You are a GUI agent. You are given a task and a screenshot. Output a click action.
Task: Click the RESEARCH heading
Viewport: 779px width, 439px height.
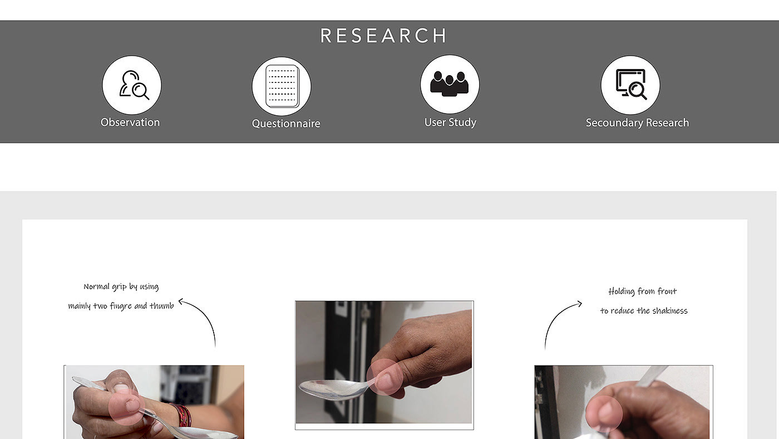coord(383,36)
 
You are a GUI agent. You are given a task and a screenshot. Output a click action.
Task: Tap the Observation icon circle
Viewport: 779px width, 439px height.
coord(132,85)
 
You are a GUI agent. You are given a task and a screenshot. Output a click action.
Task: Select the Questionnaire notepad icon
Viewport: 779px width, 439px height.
coord(282,86)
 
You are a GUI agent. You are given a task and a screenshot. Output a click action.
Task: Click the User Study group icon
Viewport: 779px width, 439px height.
coord(450,83)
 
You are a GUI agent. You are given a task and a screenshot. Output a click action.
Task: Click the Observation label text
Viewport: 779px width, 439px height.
coord(130,122)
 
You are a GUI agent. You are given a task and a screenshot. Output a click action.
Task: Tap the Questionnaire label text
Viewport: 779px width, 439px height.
coord(286,124)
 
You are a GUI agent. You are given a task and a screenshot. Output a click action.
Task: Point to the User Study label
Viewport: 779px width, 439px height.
coord(450,122)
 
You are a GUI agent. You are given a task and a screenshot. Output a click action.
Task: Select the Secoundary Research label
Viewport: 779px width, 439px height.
coord(637,123)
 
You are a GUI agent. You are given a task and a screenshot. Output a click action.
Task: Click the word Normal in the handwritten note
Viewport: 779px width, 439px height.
coord(96,287)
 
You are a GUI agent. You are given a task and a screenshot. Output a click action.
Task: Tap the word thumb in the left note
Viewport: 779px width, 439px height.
coord(162,306)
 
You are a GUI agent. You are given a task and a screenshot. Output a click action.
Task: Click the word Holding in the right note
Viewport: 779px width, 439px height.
coord(622,292)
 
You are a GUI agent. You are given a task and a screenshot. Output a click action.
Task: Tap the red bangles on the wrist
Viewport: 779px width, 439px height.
coord(183,415)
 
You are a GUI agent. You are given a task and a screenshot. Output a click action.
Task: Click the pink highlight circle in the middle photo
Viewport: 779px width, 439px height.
coord(384,377)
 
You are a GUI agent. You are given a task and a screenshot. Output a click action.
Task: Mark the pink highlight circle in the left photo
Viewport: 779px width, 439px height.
coord(127,407)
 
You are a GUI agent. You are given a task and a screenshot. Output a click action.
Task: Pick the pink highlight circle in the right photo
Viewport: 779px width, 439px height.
coord(604,414)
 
